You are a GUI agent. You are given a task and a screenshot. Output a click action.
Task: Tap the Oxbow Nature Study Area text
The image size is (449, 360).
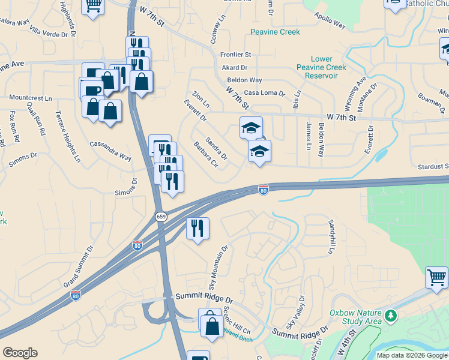coord(355,317)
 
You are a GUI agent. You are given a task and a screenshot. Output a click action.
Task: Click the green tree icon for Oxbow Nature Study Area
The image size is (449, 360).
coord(391,314)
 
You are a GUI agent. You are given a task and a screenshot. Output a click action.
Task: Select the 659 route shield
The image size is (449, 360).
coord(160,216)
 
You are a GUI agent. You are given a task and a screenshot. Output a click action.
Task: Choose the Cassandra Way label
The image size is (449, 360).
coord(110,151)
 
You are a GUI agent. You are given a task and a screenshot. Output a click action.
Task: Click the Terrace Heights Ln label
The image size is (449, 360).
coord(68,137)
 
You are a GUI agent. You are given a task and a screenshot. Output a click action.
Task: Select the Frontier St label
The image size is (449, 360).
coord(235,55)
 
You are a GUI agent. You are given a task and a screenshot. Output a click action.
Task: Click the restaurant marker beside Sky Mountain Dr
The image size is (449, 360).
coord(197,228)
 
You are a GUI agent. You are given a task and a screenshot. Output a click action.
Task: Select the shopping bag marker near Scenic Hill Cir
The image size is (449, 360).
coord(211,325)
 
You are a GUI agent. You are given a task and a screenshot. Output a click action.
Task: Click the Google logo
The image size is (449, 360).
coord(20,353)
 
